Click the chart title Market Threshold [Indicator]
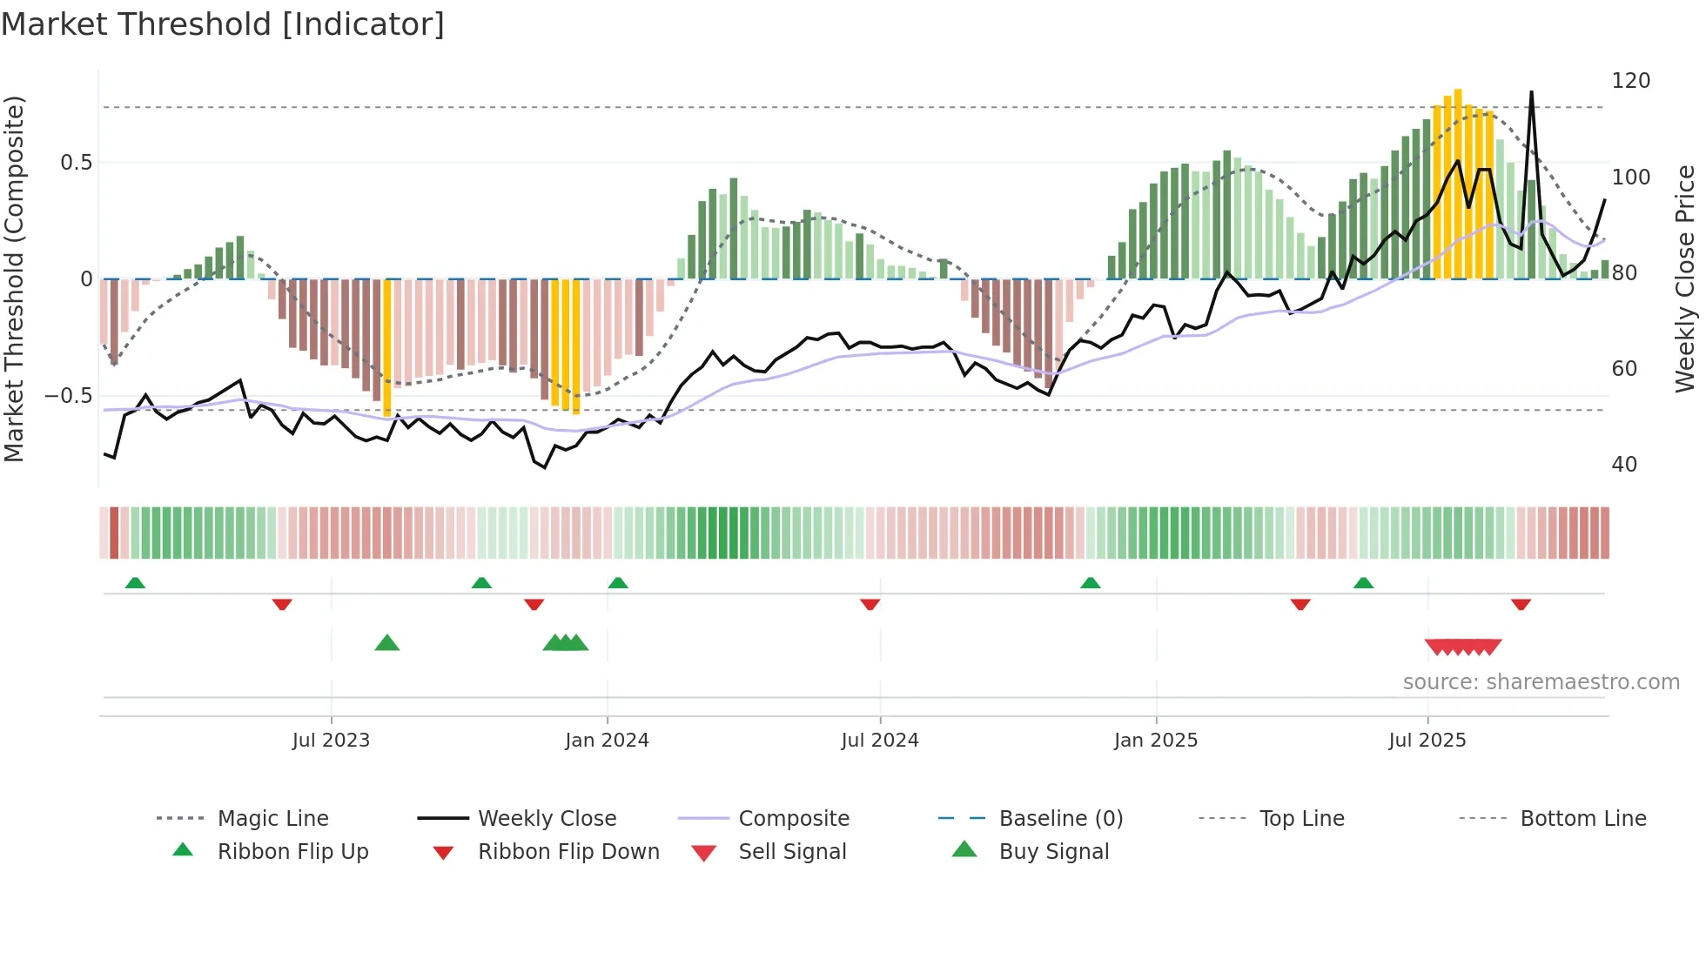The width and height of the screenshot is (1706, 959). point(223,24)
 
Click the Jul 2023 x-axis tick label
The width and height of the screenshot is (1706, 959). point(331,741)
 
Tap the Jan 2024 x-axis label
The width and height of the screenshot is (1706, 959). point(607,741)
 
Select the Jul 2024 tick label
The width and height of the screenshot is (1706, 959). point(880,741)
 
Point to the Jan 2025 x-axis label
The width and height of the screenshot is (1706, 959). point(1156,741)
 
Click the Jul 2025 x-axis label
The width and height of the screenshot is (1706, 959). point(1427,741)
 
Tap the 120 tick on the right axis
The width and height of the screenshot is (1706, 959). point(1630,81)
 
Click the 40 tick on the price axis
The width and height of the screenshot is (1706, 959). point(1624,465)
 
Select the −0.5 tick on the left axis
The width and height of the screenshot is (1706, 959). point(68,396)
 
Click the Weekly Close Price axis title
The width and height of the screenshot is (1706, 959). point(1686,278)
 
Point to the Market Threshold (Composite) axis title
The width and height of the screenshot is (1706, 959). point(15,278)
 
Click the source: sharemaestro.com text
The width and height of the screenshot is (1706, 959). point(1541,682)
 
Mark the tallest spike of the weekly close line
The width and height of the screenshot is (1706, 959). point(1531,92)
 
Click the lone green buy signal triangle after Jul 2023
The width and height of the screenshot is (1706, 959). point(387,644)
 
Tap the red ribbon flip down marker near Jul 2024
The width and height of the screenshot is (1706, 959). point(870,604)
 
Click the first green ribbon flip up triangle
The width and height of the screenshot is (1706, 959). point(135,583)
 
